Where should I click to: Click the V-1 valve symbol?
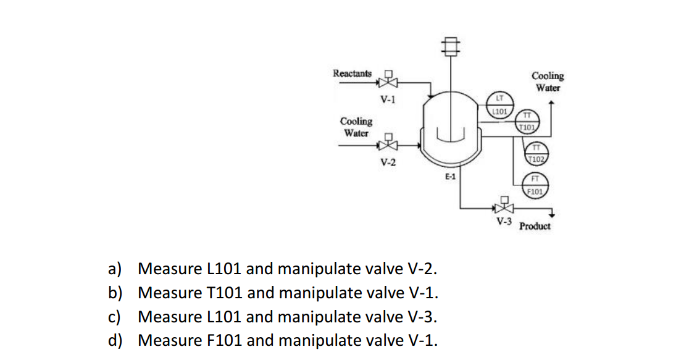(388, 81)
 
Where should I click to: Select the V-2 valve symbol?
(388, 145)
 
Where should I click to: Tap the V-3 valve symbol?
(504, 207)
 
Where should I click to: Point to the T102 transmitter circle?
(536, 153)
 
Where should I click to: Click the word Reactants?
(353, 73)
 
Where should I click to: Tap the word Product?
(535, 226)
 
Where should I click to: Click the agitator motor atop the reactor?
(451, 44)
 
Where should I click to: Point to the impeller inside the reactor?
(450, 132)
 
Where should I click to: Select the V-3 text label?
(504, 220)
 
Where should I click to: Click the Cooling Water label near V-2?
(356, 127)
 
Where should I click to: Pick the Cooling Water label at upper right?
(548, 82)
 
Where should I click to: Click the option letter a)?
(115, 269)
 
